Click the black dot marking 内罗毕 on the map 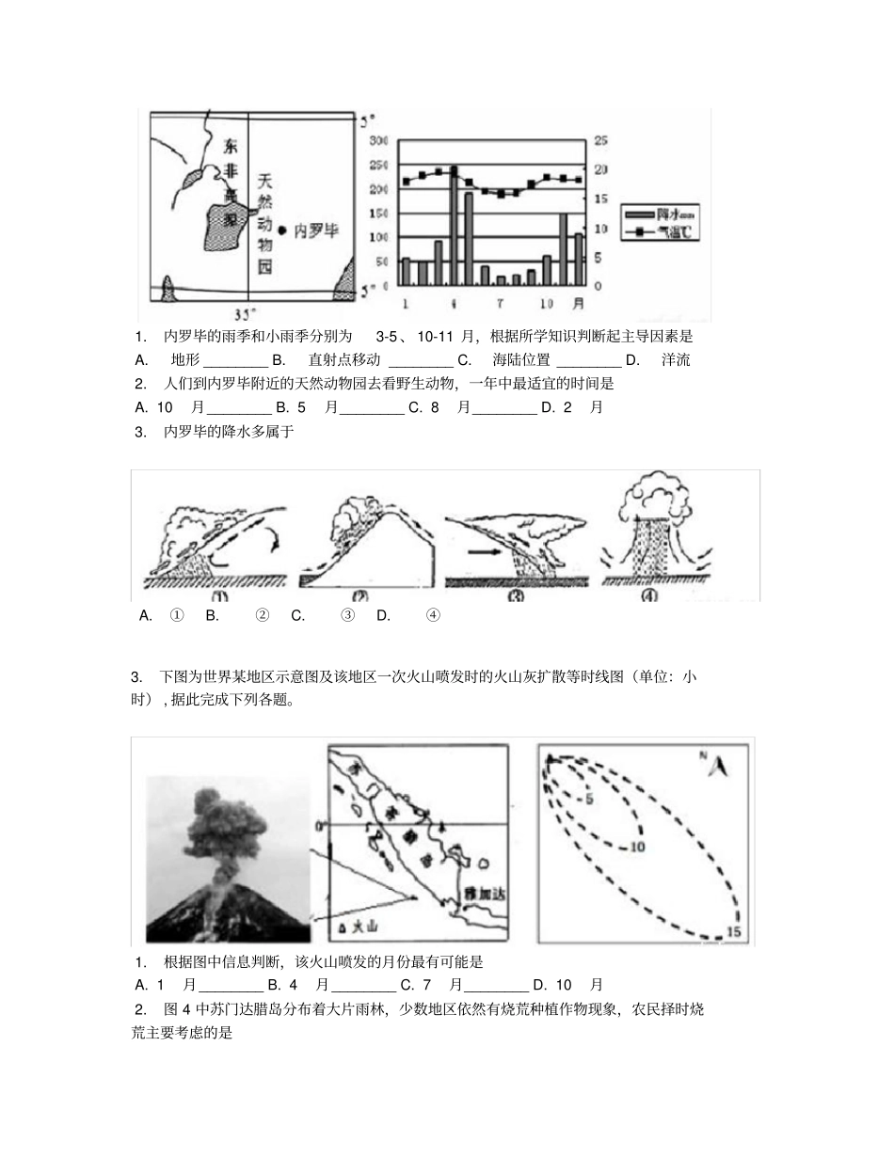pos(281,229)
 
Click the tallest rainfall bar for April pos(454,226)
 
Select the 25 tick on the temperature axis pos(600,141)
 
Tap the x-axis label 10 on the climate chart pos(545,304)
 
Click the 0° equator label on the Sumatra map pos(319,826)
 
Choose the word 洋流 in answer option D pos(676,360)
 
